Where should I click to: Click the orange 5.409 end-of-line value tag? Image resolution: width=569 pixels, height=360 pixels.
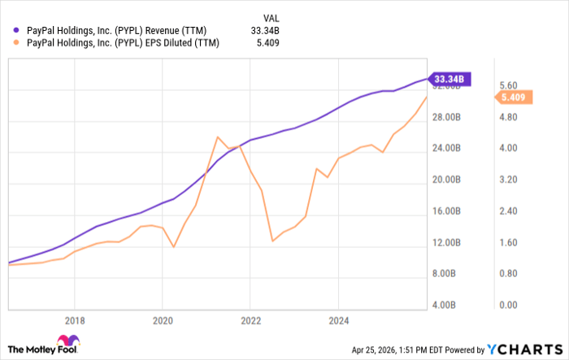[516, 98]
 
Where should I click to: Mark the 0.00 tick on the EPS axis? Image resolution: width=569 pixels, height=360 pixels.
[510, 306]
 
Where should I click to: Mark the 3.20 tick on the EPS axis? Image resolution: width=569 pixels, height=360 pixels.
[510, 180]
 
